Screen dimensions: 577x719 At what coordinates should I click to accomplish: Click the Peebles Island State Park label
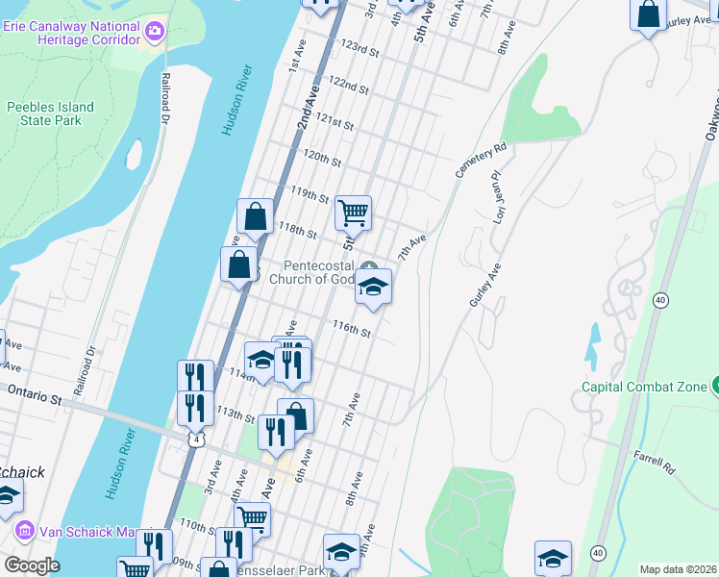click(50, 113)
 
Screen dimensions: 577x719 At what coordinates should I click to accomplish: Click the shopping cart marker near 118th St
click(353, 214)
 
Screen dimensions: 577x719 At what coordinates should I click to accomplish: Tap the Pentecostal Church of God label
click(317, 273)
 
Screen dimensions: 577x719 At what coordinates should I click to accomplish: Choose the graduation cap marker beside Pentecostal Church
click(373, 287)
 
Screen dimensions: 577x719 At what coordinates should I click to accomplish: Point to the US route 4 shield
click(196, 440)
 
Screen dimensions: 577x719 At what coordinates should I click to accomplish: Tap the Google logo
click(31, 565)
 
